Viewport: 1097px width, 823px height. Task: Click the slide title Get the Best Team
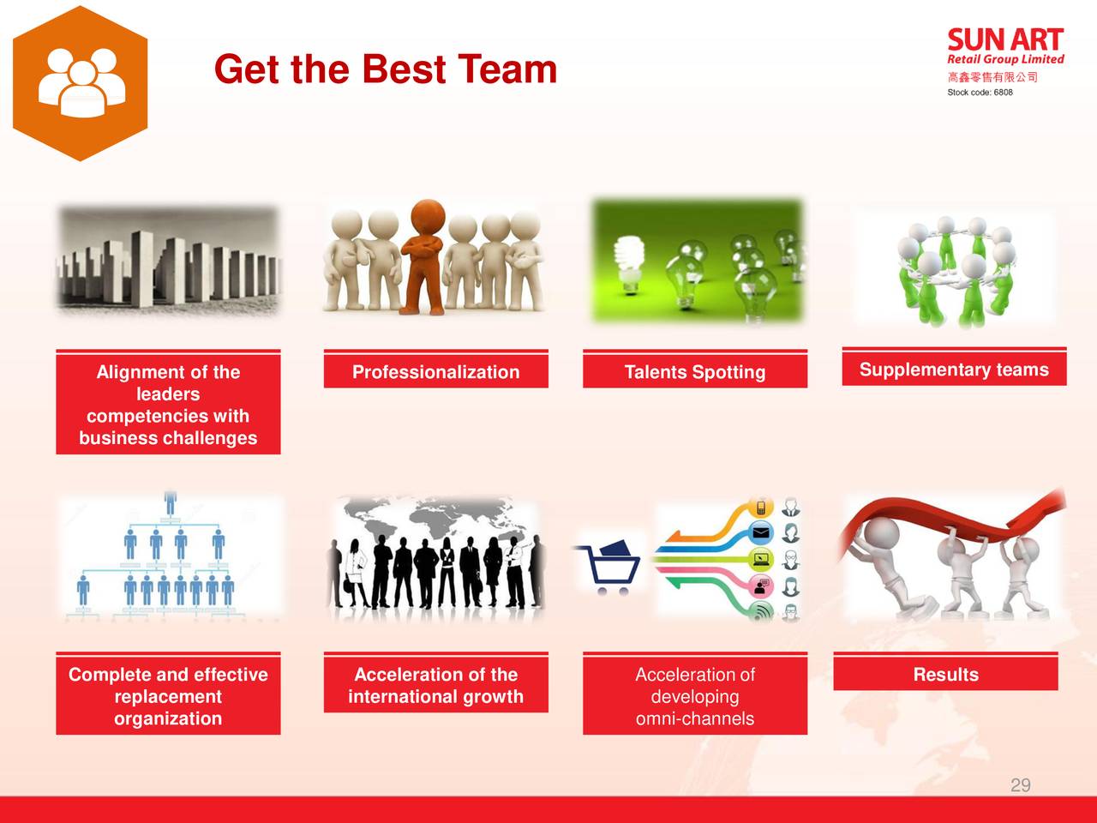(x=386, y=69)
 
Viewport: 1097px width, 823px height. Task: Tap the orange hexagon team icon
(x=80, y=83)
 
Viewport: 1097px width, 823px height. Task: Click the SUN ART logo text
(x=1005, y=40)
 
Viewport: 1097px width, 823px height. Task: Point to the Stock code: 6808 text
(x=980, y=93)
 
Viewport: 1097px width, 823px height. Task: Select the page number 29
(x=1020, y=785)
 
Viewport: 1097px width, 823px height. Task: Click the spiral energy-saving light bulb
(x=628, y=264)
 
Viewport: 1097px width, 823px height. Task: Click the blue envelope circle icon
(x=761, y=532)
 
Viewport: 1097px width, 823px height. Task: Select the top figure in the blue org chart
(x=171, y=502)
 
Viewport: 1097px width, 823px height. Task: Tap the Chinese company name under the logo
(x=992, y=77)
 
